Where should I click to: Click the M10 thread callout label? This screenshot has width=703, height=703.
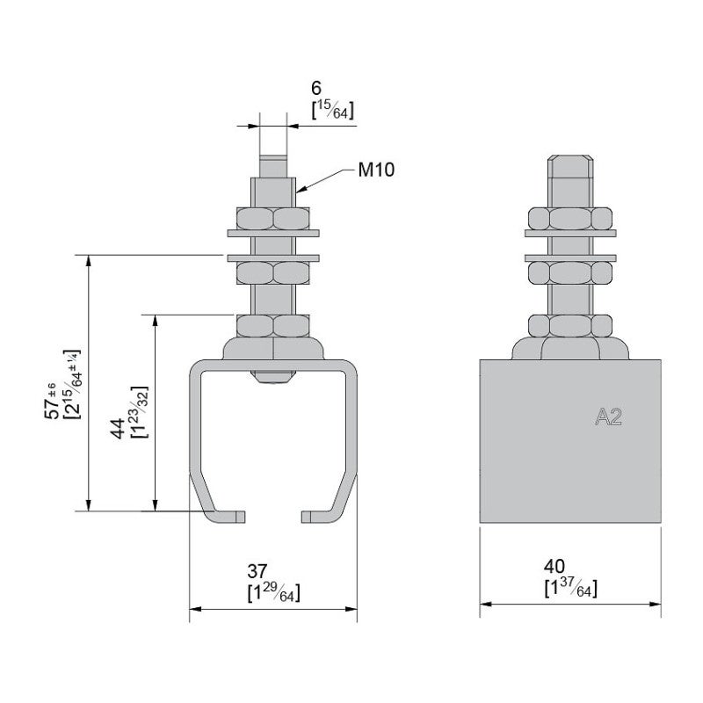(x=376, y=170)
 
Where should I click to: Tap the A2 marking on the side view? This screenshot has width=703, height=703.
(x=608, y=418)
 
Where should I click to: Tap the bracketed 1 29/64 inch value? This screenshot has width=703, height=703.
(x=274, y=593)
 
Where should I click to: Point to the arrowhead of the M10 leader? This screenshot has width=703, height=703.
(x=300, y=190)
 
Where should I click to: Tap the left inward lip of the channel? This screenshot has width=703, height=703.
(x=230, y=516)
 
